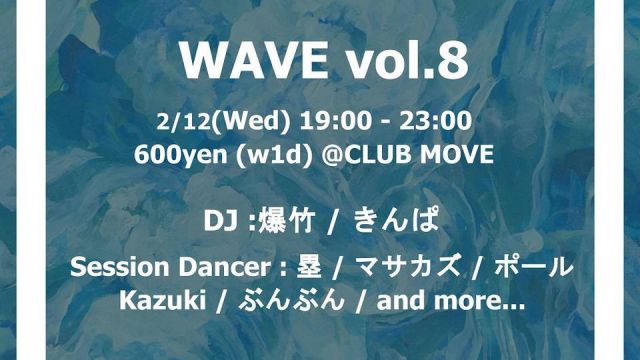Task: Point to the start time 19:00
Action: pos(322,123)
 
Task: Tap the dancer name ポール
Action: pos(537,268)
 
